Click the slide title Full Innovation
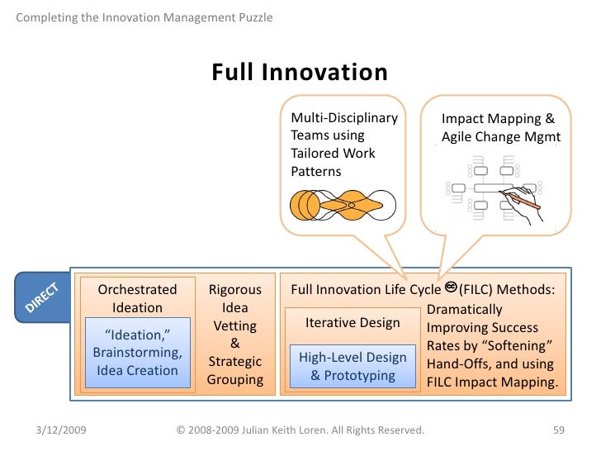pyautogui.click(x=300, y=73)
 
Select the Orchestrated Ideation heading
pyautogui.click(x=137, y=298)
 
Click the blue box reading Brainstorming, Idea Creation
pyautogui.click(x=137, y=353)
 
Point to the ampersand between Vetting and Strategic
pyautogui.click(x=234, y=344)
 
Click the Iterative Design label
pyautogui.click(x=353, y=323)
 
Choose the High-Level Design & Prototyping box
pyautogui.click(x=353, y=366)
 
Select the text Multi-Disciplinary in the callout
pyautogui.click(x=344, y=118)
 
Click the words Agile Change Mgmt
pyautogui.click(x=500, y=137)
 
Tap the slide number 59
pyautogui.click(x=557, y=430)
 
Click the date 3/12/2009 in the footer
pyautogui.click(x=64, y=430)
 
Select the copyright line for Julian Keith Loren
pyautogui.click(x=300, y=430)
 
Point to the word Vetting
pyautogui.click(x=234, y=326)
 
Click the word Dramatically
pyautogui.click(x=465, y=310)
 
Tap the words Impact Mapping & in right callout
pyautogui.click(x=498, y=119)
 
